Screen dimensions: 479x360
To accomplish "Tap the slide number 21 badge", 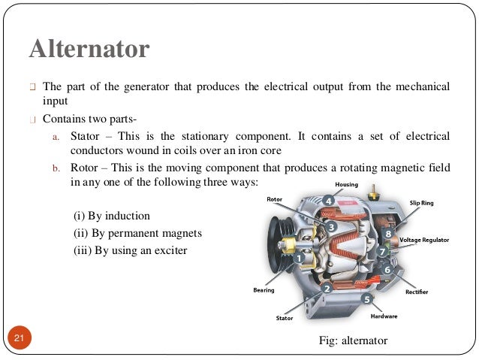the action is pyautogui.click(x=19, y=341).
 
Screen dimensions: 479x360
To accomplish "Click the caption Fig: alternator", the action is pyautogui.click(x=353, y=341).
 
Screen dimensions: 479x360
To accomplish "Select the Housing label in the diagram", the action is pyautogui.click(x=347, y=184).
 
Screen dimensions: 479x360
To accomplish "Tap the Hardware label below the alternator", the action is pyautogui.click(x=384, y=316).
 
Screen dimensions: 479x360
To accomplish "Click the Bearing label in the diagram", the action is pyautogui.click(x=264, y=289).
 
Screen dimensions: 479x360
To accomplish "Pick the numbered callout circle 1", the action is pyautogui.click(x=300, y=256).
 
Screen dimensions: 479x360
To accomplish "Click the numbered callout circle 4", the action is pyautogui.click(x=328, y=201).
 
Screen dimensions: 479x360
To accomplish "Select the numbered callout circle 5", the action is pyautogui.click(x=367, y=298).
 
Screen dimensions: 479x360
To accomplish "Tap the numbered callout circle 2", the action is pyautogui.click(x=327, y=287).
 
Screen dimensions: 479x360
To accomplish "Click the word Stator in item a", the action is pyautogui.click(x=85, y=136).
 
